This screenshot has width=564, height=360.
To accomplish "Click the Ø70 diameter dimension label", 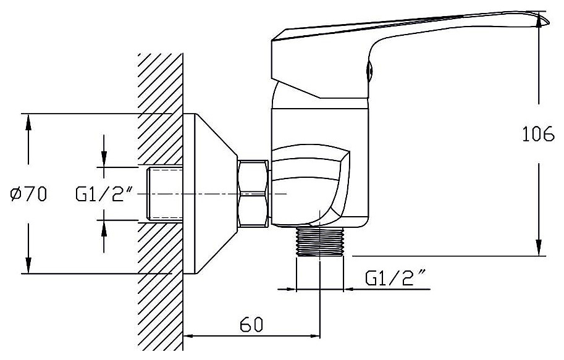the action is pos(28,195).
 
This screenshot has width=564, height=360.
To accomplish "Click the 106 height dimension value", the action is pos(537,134).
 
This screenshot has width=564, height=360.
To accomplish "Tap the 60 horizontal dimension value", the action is pos(251,325).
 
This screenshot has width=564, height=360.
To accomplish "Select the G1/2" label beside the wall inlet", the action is pos(104,195).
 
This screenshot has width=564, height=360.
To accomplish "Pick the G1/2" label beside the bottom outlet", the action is pos(395,278).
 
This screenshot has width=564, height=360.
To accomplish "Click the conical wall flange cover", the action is pos(211,194).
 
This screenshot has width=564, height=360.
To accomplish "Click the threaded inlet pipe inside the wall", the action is pos(164,193).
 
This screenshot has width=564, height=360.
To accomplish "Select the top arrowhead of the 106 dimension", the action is pos(539,20).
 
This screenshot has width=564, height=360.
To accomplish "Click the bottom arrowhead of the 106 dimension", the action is pos(539,248).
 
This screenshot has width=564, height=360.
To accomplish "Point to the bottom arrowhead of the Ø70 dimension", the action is pos(28,266).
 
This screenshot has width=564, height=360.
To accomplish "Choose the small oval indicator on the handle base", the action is pos(369,70).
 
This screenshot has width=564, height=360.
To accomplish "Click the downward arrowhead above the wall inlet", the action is pos(104,159).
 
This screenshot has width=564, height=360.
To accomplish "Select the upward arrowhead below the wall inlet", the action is pos(104,228).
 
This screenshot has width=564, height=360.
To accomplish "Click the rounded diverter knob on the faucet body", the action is pos(310,185).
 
